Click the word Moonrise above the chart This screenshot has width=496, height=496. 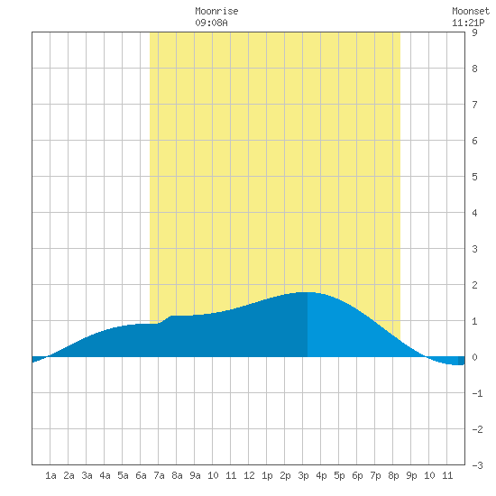click(x=216, y=11)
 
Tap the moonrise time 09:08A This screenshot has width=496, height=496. click(x=211, y=23)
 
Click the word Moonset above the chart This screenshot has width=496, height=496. click(x=471, y=11)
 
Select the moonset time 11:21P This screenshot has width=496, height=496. click(x=468, y=23)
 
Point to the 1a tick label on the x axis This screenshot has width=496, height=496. click(x=51, y=475)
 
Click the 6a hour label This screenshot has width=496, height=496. click(x=141, y=475)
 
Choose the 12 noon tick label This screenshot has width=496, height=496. click(x=249, y=475)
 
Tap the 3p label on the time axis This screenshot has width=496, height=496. click(x=303, y=475)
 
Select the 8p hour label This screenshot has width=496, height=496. click(x=393, y=475)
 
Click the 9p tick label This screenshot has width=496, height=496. click(x=411, y=475)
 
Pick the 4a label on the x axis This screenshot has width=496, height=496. click(x=105, y=475)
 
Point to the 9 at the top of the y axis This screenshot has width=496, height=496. click(x=474, y=32)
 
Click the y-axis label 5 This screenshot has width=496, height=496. click(x=474, y=177)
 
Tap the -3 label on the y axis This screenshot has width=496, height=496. click(x=477, y=465)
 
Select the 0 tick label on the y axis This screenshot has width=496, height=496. click(x=474, y=357)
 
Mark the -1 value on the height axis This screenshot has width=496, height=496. click(x=477, y=393)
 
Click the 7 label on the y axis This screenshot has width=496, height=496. click(x=474, y=105)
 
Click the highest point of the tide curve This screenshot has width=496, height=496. click(x=308, y=292)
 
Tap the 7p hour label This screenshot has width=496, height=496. click(x=375, y=475)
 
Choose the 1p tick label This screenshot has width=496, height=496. click(x=267, y=475)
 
